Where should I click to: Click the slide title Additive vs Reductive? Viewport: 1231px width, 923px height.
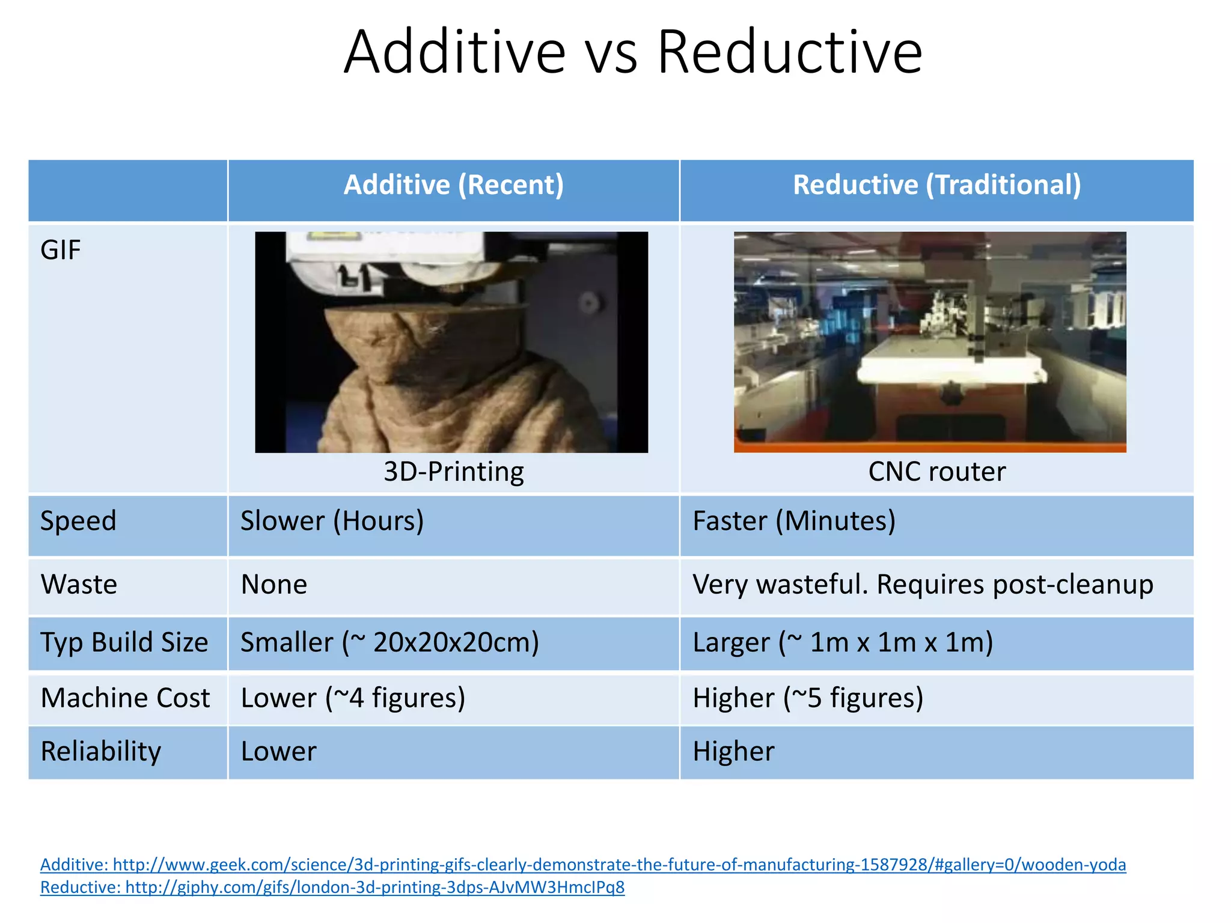(x=632, y=53)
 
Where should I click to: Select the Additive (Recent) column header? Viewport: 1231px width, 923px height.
(x=453, y=184)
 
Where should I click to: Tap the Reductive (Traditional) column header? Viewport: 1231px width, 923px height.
(x=936, y=184)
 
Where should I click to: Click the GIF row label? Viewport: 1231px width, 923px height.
(x=60, y=250)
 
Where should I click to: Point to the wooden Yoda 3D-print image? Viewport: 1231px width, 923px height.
(x=451, y=342)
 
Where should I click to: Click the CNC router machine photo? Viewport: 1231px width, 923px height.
(x=930, y=342)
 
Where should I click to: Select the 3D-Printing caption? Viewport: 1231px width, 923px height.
(x=453, y=472)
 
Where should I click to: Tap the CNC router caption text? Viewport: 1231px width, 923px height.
(x=936, y=472)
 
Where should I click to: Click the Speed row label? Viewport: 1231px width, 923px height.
(x=78, y=521)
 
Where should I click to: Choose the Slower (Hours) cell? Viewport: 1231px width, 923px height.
(x=332, y=521)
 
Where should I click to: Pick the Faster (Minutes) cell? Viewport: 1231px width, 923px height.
(x=793, y=521)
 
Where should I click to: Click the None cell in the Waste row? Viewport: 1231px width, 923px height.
(x=274, y=585)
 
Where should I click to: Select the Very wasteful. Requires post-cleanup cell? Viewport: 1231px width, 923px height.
(x=923, y=585)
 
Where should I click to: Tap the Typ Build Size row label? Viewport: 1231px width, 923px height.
(x=124, y=642)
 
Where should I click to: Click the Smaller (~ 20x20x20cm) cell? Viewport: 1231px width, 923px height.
(x=389, y=642)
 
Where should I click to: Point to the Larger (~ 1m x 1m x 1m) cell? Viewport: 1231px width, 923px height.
(x=842, y=642)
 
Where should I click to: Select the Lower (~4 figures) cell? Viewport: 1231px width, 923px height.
(x=353, y=698)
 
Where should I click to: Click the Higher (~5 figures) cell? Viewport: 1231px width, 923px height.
(x=807, y=698)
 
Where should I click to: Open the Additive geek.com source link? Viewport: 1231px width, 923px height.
(x=583, y=865)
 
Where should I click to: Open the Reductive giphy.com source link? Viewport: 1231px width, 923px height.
(x=332, y=888)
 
